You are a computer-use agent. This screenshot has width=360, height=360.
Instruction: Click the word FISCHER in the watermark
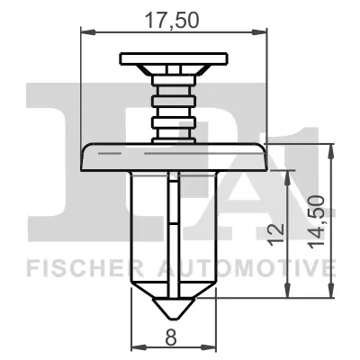pos(73,267)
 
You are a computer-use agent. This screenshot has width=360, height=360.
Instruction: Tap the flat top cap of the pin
pos(174,59)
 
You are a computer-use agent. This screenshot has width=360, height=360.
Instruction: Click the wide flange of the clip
pos(174,157)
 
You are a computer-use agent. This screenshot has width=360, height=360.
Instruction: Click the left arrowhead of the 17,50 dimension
pos(85,32)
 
